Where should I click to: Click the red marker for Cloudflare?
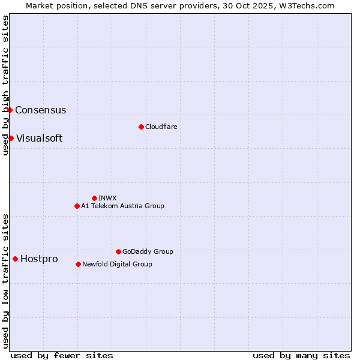(141, 127)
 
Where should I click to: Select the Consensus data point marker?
(10, 110)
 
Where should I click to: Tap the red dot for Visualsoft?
(11, 138)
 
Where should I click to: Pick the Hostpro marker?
(15, 259)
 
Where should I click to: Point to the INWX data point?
(94, 198)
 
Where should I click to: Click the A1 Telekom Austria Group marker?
(77, 206)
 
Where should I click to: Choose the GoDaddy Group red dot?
(118, 251)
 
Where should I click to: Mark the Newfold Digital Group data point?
(78, 264)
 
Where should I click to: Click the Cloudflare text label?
(161, 127)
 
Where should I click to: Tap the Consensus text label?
(40, 110)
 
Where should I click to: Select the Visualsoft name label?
(39, 138)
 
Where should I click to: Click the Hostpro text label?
(39, 259)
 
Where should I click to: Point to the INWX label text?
(107, 198)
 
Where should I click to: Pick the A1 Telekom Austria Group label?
(122, 206)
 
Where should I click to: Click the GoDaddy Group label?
(148, 251)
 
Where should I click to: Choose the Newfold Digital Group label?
(117, 264)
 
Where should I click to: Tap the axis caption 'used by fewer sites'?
(62, 355)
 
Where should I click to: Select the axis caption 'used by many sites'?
(301, 355)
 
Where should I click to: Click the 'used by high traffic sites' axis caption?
(5, 85)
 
